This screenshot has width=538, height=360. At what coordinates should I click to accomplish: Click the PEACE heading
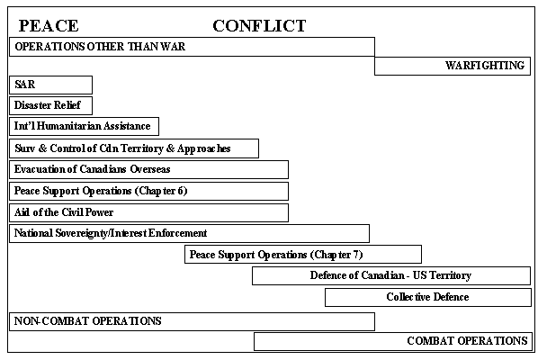click(49, 26)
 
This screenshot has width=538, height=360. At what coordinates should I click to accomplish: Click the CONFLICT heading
click(259, 26)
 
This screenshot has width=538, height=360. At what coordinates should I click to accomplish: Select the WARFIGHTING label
click(485, 65)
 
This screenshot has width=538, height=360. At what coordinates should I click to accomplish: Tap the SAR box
click(50, 85)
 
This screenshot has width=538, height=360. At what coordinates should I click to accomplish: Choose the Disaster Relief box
click(50, 105)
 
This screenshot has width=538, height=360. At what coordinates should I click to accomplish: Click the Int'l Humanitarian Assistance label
click(83, 126)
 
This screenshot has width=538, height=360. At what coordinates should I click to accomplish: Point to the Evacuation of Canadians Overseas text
click(93, 169)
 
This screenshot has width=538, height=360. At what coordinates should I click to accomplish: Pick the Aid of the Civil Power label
click(64, 212)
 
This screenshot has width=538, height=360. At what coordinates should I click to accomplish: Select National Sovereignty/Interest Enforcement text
click(111, 233)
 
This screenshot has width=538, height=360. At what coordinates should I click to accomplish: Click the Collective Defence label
click(427, 297)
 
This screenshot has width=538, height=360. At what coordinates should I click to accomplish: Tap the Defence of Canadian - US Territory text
click(390, 275)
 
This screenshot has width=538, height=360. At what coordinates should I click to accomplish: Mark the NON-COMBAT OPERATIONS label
click(88, 321)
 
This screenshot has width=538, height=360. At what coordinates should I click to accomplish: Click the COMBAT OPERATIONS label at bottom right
click(467, 341)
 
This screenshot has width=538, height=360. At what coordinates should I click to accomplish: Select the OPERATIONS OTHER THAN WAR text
click(100, 47)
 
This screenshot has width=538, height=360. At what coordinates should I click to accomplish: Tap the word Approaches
click(204, 148)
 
